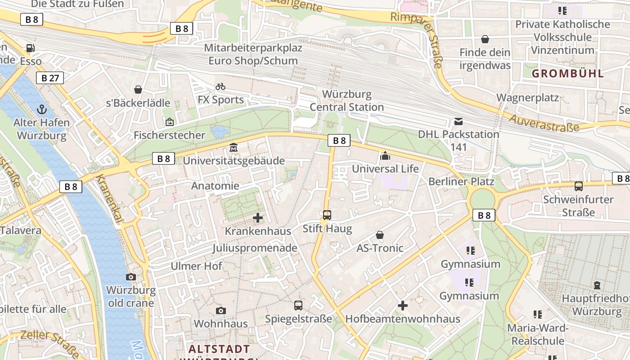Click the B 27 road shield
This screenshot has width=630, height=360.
[50, 78]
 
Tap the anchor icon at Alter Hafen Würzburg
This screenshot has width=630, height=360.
[42, 109]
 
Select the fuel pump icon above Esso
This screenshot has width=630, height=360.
[31, 48]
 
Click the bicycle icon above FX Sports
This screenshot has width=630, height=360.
[220, 86]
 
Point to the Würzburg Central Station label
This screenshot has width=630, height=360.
[346, 101]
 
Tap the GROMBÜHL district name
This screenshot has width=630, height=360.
[568, 73]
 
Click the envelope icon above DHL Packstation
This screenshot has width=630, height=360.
[459, 121]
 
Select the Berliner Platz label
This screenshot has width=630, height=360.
[461, 182]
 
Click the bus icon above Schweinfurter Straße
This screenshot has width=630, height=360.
[579, 186]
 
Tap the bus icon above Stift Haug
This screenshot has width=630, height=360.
[327, 215]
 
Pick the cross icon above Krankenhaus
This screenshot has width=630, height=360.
[258, 218]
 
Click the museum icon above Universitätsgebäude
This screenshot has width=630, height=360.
[234, 148]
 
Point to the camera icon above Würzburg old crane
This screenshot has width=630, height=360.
[131, 277]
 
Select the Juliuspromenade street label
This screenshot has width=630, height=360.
[255, 248]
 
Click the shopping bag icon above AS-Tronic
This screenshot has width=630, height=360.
[380, 235]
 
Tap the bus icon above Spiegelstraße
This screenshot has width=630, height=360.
[298, 306]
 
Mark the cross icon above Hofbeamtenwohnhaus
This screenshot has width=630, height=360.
[403, 306]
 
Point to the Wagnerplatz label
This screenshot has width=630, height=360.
[527, 98]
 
